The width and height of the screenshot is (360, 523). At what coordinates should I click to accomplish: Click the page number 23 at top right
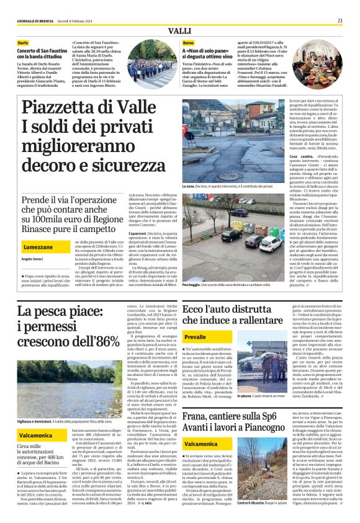click(340, 20)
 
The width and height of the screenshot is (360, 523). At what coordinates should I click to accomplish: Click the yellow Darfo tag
click(23, 43)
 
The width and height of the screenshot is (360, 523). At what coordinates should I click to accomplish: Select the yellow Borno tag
click(188, 43)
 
